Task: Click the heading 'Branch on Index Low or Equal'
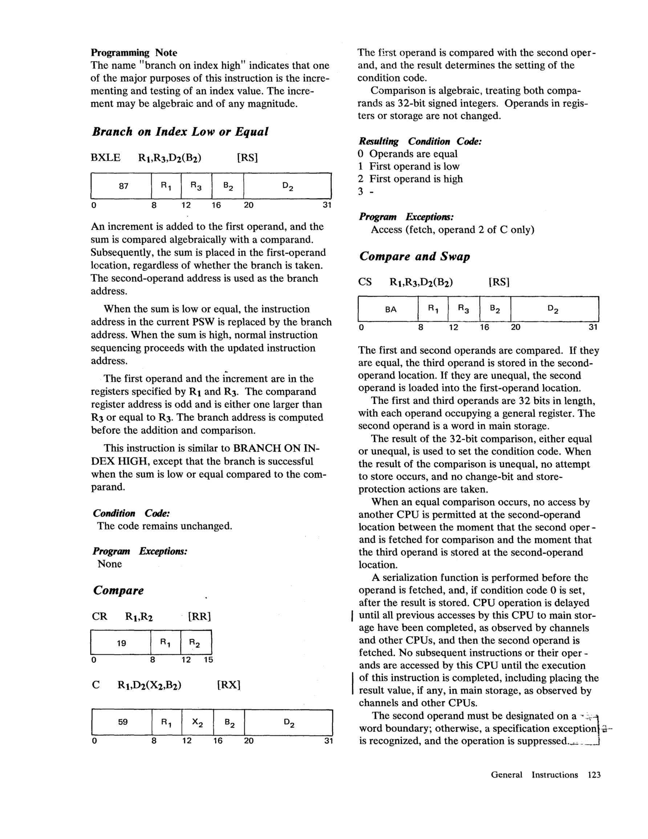[x=180, y=132]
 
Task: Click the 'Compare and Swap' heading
[x=414, y=257]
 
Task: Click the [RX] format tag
[x=228, y=685]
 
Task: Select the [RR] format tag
[x=200, y=617]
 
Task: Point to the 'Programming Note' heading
[x=134, y=53]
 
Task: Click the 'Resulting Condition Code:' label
[x=420, y=141]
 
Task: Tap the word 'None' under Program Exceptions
[x=109, y=564]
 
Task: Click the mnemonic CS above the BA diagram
[x=365, y=282]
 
